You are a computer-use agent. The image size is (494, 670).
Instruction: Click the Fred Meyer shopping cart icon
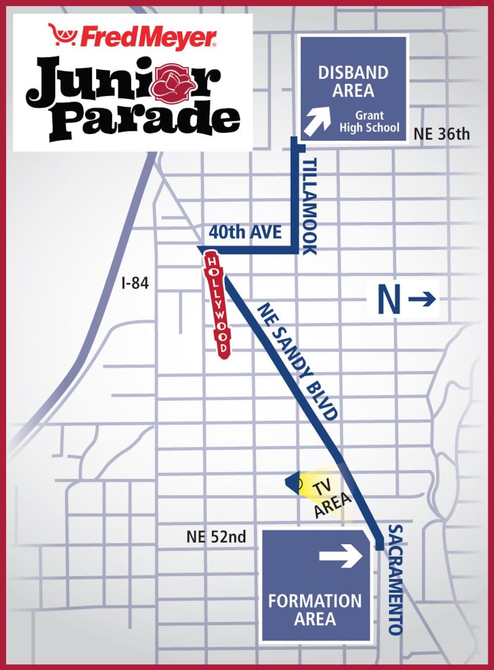tap(63, 35)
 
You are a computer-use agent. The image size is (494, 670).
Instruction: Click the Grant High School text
tap(369, 121)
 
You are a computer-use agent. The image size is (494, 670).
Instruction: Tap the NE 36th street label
tap(442, 134)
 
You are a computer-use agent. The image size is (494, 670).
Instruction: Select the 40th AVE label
tap(245, 232)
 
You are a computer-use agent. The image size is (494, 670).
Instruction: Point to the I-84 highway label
tap(135, 283)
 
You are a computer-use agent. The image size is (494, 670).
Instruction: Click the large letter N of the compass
tap(389, 299)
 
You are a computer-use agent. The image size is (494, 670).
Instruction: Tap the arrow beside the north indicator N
tap(422, 299)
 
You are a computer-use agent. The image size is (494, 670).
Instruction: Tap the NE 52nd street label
tap(216, 537)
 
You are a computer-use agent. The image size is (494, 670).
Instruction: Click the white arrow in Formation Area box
tap(341, 556)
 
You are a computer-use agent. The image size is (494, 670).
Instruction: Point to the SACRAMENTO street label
tap(396, 579)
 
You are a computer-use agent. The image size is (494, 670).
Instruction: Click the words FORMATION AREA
tap(315, 610)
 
